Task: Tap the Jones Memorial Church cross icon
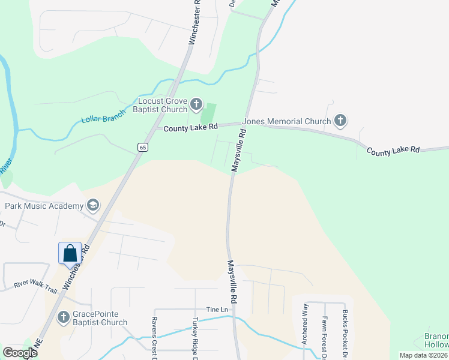(x=340, y=121)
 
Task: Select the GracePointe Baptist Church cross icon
(x=62, y=317)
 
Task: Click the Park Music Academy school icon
(x=92, y=206)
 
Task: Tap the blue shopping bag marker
(x=70, y=253)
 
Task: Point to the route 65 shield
(x=142, y=147)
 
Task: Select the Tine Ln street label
(x=217, y=309)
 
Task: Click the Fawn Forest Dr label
(x=325, y=336)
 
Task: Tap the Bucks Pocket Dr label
(x=345, y=331)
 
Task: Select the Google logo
(x=20, y=353)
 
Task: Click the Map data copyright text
(x=423, y=355)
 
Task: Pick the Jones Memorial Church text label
(x=287, y=121)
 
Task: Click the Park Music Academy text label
(x=44, y=206)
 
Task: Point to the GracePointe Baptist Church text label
(x=100, y=318)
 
